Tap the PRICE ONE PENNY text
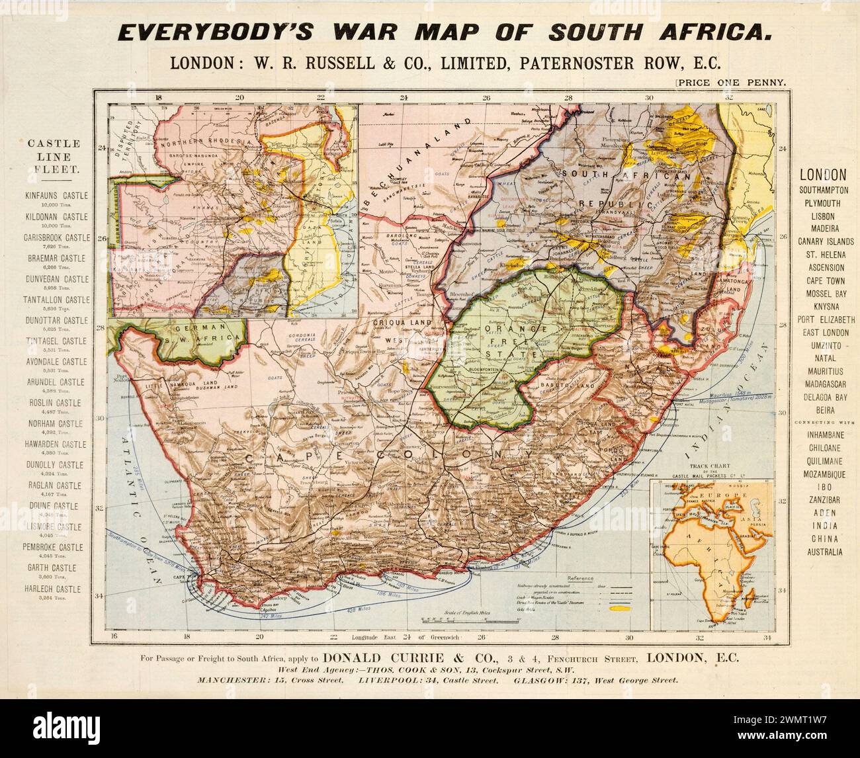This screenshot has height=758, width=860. click(x=730, y=83)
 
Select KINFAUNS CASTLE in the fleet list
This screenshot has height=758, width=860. click(x=56, y=196)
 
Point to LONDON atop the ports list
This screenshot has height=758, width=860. click(x=823, y=175)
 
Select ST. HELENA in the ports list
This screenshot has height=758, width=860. click(x=821, y=255)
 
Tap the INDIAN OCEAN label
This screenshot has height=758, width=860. click(x=728, y=410)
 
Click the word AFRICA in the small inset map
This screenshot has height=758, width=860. click(x=694, y=538)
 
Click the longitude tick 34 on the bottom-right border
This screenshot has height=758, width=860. click(x=767, y=638)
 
